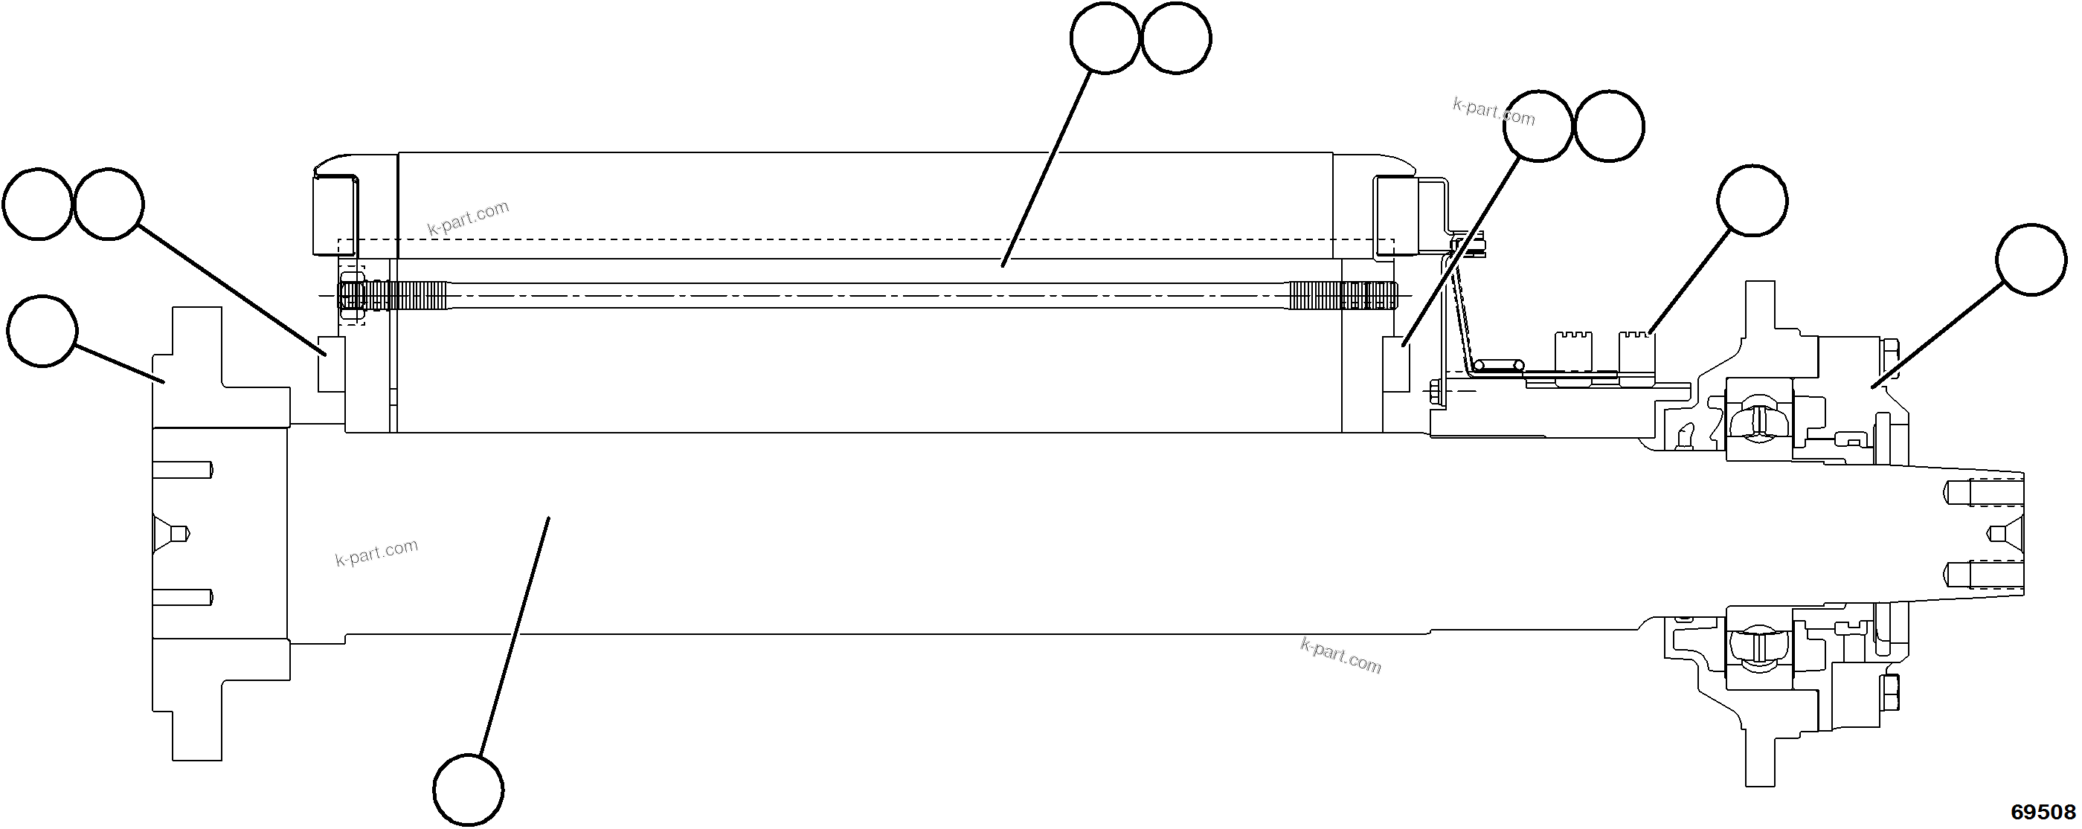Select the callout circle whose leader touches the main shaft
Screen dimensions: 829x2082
(x=468, y=790)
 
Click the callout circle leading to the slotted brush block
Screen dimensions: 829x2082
(x=1752, y=201)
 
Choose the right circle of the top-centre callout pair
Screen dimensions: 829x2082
(x=1176, y=38)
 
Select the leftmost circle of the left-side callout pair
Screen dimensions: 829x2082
(x=38, y=204)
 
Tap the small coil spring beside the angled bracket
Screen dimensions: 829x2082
(x=1496, y=365)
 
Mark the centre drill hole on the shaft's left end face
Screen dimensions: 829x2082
(x=174, y=533)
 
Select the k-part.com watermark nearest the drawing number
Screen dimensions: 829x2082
(x=1341, y=655)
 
